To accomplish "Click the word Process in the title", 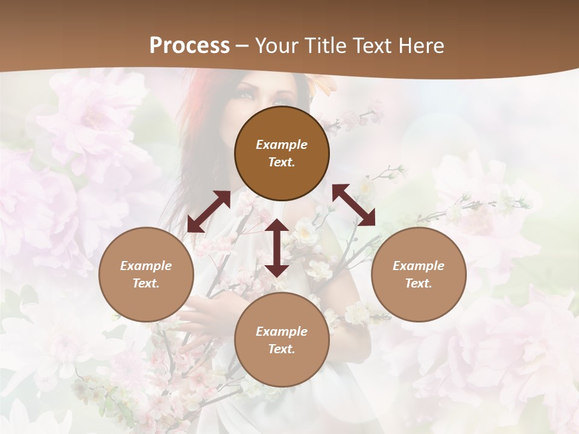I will (189, 46).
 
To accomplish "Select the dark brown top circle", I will (282, 153).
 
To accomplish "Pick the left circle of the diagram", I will (146, 274).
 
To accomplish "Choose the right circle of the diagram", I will (419, 274).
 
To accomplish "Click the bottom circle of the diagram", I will (282, 340).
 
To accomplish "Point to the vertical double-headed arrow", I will (277, 248).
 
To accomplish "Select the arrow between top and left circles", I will (209, 212).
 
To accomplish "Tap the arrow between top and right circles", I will (354, 205).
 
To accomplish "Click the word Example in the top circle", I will (282, 145).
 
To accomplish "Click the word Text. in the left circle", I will (146, 283).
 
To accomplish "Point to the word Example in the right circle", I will (419, 266).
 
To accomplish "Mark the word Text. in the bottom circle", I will (282, 349).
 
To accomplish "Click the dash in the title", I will (242, 46).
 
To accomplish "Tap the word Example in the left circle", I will (146, 266).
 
